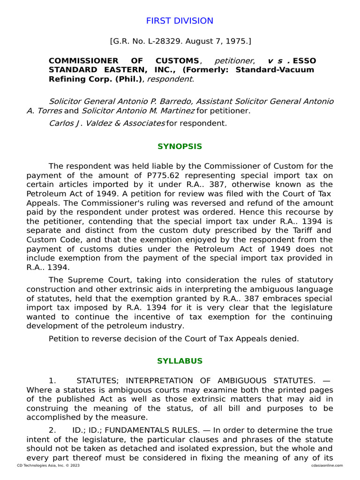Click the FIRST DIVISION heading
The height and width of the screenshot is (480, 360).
coord(180,21)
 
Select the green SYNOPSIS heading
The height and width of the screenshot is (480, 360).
coord(180,147)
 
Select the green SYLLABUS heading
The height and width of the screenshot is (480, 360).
coord(180,361)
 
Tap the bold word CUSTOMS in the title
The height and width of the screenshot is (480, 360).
coord(176,61)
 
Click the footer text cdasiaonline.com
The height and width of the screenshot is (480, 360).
coord(326,465)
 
